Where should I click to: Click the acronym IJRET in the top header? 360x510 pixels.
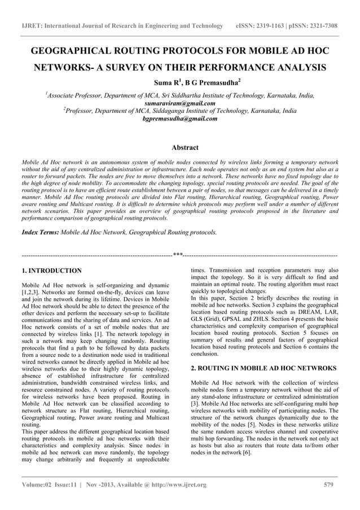[31, 26]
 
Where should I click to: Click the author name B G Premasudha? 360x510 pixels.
[200, 84]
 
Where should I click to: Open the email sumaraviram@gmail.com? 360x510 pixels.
[180, 103]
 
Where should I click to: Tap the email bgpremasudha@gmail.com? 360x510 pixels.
[180, 119]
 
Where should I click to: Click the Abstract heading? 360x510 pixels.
[185, 148]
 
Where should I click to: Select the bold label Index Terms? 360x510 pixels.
[39, 232]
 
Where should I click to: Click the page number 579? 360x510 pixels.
[329, 485]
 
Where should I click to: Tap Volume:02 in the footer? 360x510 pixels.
[39, 485]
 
